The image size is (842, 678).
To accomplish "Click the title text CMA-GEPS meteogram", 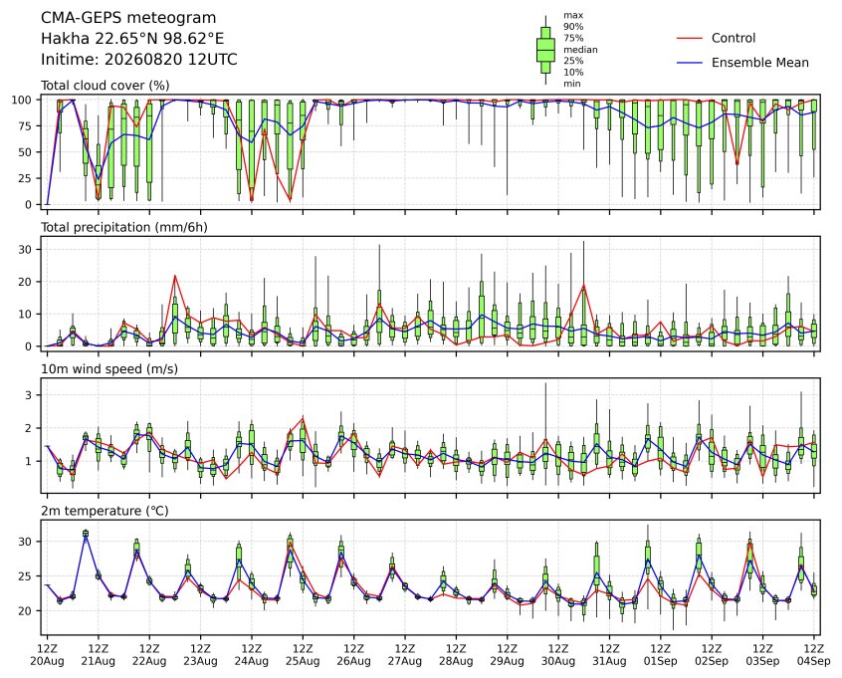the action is (128, 18).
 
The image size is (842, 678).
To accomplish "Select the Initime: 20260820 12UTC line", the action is (139, 59).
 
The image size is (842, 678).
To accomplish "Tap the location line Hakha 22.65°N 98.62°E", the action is (132, 39).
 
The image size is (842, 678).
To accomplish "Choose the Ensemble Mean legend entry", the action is (742, 63).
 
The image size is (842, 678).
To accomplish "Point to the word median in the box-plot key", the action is (580, 50).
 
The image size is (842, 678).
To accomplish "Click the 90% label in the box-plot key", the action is (573, 26).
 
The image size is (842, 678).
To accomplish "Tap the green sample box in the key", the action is (545, 50).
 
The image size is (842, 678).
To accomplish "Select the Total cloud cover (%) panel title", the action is (105, 86).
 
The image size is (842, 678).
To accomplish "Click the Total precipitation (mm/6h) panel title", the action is (124, 227).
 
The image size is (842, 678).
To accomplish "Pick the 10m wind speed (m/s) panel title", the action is (109, 369).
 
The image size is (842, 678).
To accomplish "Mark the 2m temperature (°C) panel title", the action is (105, 511).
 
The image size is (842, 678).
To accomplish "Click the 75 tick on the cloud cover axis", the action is (25, 125).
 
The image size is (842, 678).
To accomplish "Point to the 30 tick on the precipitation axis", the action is (25, 249).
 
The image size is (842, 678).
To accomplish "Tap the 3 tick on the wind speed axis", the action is (29, 395).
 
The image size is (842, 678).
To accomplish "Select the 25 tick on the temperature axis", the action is (25, 575).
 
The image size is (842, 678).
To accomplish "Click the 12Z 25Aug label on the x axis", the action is (303, 655).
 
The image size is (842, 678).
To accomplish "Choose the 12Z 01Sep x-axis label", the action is (661, 655).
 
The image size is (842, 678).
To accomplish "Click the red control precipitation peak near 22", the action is (175, 276).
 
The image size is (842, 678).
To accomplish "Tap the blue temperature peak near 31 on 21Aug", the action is (86, 535).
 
